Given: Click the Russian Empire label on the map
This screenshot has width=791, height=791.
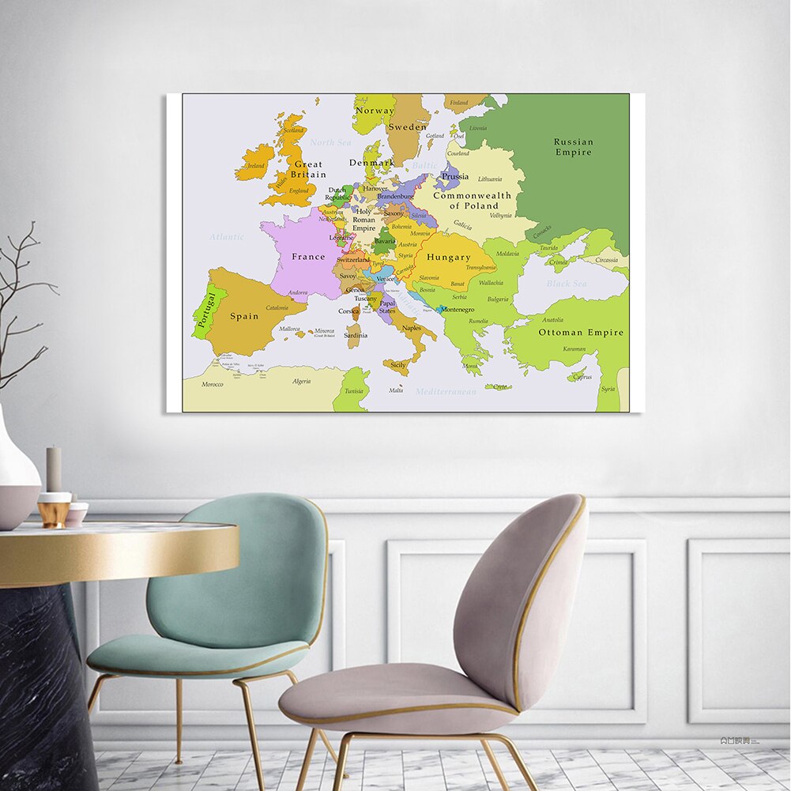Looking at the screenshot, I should point(573,147).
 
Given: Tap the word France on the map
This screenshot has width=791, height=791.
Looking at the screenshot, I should point(308,257).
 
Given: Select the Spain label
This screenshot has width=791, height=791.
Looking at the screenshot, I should point(244,316).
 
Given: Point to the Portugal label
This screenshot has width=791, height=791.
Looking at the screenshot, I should point(206,311).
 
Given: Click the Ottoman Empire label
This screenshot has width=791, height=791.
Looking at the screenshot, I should point(581,333).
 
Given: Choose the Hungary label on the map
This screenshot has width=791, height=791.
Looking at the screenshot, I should point(448,258).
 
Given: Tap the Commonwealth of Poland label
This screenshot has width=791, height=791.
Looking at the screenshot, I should point(471,201).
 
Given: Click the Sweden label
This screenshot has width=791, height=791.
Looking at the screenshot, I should point(407,126).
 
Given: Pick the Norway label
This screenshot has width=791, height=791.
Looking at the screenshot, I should point(375,111).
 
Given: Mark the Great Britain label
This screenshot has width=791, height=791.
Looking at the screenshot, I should point(308,170).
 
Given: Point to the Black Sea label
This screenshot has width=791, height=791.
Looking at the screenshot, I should point(567,284).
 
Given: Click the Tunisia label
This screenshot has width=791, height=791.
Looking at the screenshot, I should point(353,391).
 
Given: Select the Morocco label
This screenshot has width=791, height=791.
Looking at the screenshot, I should point(212,385).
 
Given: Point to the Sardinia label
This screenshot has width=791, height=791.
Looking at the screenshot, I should point(355,335).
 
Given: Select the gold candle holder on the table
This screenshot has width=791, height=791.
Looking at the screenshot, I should point(54,510).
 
